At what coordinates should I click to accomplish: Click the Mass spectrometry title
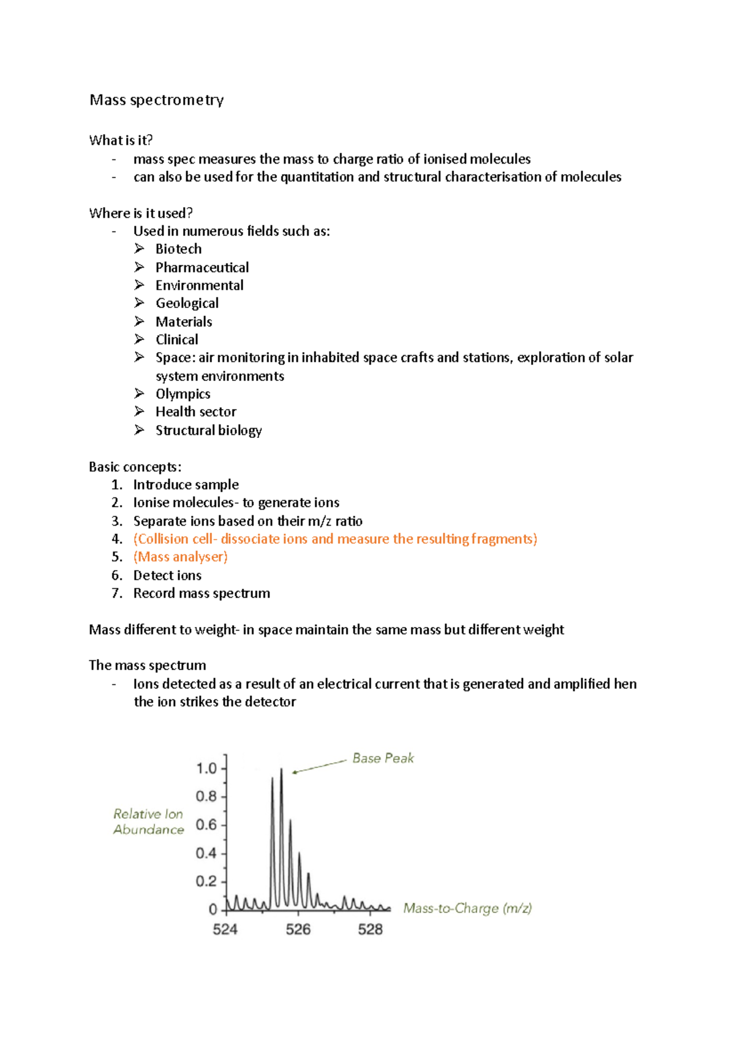(x=156, y=100)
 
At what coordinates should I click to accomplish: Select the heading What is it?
(x=121, y=140)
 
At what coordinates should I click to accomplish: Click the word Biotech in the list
(x=178, y=249)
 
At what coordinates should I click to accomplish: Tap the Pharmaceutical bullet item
(x=202, y=267)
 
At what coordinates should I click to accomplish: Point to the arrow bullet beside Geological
(x=140, y=303)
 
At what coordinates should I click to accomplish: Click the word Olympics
(x=183, y=394)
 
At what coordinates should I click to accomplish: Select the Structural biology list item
(x=208, y=430)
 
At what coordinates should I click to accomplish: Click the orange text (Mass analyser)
(x=180, y=557)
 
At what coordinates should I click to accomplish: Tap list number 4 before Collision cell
(x=117, y=539)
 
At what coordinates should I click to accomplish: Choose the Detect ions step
(x=167, y=575)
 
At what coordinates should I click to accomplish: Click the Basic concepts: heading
(x=135, y=467)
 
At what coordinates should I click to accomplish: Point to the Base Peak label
(x=383, y=758)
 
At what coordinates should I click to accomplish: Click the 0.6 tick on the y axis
(x=206, y=824)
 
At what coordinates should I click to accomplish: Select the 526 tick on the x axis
(x=298, y=929)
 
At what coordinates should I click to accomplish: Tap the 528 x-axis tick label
(x=370, y=929)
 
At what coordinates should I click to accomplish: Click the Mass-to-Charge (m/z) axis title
(x=467, y=908)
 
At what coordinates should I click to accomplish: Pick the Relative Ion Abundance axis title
(x=148, y=821)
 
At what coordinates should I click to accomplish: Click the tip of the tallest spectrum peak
(x=281, y=769)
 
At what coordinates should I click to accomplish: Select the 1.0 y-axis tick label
(x=206, y=768)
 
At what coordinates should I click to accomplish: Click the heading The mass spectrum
(x=147, y=665)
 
